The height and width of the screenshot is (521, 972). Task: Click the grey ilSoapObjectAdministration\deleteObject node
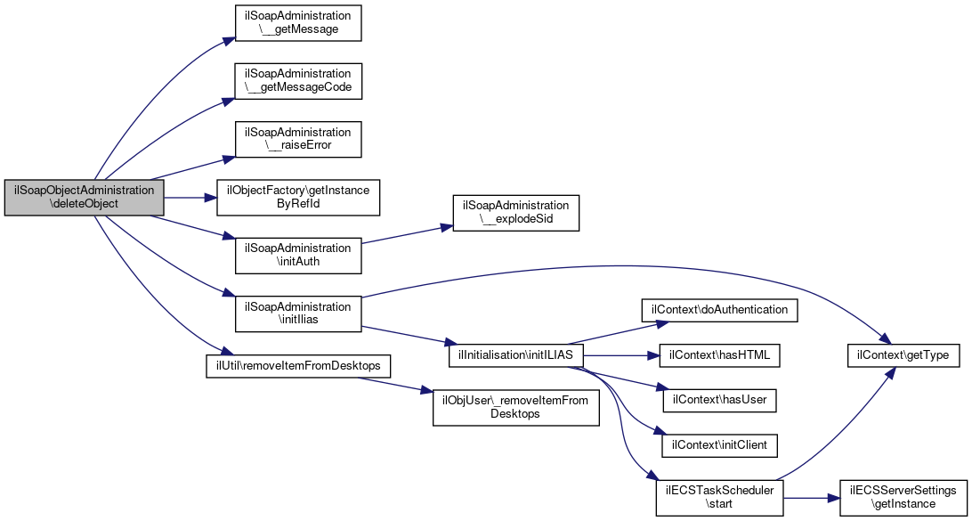click(x=85, y=198)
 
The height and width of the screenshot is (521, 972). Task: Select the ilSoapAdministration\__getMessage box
click(x=298, y=23)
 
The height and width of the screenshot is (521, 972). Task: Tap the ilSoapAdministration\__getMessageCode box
click(x=298, y=79)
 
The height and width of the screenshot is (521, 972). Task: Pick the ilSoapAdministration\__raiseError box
click(x=298, y=138)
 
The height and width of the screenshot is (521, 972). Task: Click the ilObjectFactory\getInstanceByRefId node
click(x=299, y=198)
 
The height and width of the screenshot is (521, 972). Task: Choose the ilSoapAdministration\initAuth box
click(x=298, y=255)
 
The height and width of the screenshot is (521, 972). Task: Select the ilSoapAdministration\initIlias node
click(x=298, y=313)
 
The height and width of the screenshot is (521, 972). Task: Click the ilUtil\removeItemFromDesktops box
click(x=282, y=366)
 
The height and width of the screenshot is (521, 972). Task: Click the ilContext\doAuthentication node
click(x=720, y=309)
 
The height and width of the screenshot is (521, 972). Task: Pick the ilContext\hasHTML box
click(x=719, y=355)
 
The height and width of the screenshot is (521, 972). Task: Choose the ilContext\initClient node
click(x=719, y=444)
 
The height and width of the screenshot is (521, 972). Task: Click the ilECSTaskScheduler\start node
click(x=719, y=497)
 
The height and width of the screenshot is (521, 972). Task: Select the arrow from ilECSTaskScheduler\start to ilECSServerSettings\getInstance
click(x=811, y=497)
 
